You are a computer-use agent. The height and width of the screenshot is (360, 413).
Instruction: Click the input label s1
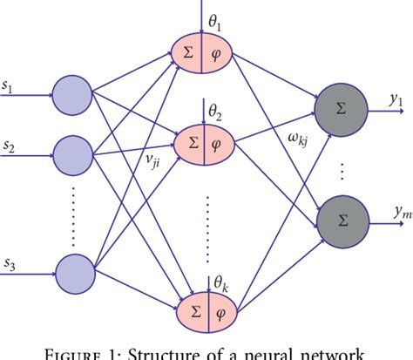pos(9,85)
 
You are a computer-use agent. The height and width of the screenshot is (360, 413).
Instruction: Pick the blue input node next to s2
pos(73,153)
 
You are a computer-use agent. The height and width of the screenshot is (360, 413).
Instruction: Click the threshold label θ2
pos(214,111)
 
